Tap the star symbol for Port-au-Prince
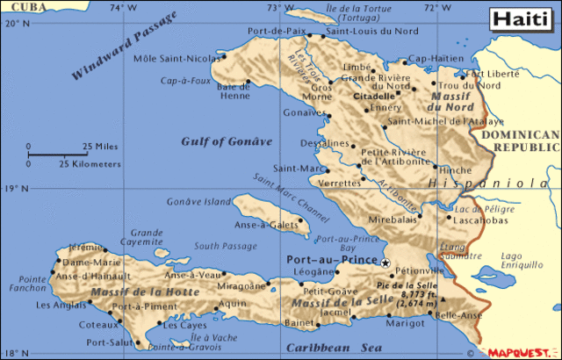point(385,262)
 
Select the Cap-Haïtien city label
point(436,58)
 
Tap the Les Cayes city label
point(184,325)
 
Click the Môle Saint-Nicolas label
point(177,59)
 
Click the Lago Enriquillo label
point(522,260)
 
